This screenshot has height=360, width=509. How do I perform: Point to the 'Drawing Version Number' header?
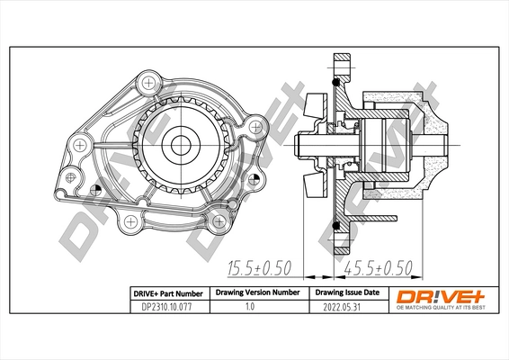coord(256,293)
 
